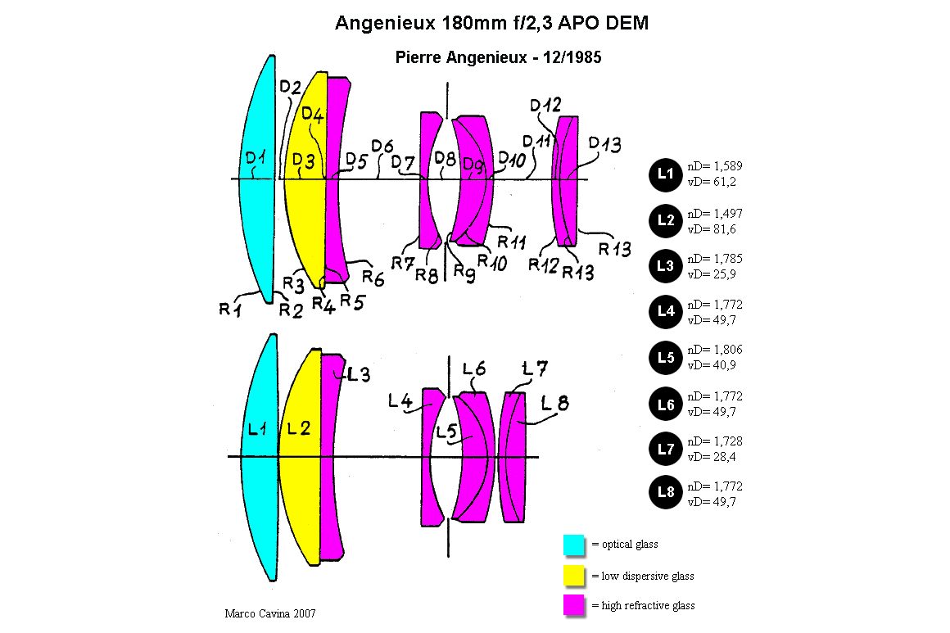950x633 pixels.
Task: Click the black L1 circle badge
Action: coord(665,174)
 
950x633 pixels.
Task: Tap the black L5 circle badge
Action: coord(665,358)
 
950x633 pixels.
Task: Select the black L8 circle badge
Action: coord(665,492)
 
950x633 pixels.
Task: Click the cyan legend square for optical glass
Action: coord(574,545)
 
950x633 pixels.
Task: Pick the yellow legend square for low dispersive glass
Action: coord(574,576)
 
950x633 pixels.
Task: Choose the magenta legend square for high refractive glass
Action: coord(574,605)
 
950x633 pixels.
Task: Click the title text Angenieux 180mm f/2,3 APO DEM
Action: coord(491,23)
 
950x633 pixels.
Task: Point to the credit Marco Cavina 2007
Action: coord(270,613)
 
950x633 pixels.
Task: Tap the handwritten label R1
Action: coord(230,309)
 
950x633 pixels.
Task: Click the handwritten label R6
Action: coord(373,278)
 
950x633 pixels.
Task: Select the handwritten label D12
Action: coord(546,106)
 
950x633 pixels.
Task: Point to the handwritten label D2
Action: coord(291,88)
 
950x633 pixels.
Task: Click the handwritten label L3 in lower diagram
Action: coord(358,374)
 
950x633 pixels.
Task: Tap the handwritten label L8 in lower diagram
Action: coord(555,403)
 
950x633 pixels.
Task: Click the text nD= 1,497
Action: coord(715,213)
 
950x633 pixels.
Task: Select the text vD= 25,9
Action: coord(712,274)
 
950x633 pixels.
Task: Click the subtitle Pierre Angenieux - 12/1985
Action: coord(498,57)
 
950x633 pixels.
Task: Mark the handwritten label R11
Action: coord(512,242)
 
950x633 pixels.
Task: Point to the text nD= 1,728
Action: coord(715,441)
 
